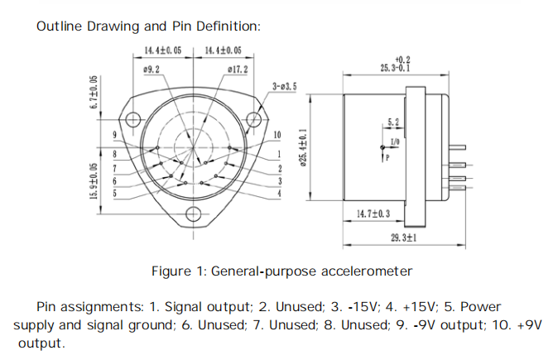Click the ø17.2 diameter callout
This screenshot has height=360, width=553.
237,70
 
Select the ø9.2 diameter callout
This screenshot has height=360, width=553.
151,70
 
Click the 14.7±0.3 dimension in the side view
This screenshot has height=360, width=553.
374,214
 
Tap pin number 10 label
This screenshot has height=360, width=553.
276,135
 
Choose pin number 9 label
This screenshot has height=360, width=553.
114,135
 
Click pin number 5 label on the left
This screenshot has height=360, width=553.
114,193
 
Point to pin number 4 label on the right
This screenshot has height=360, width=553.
280,193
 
